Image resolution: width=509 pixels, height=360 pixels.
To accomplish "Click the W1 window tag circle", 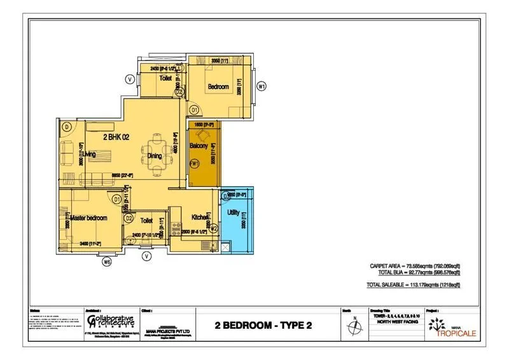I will click(261, 86).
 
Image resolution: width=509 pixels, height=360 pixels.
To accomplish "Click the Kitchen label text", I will click(200, 218).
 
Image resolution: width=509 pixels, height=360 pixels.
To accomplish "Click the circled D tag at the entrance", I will click(66, 126).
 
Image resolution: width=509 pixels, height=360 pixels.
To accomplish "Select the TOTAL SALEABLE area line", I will click(414, 284).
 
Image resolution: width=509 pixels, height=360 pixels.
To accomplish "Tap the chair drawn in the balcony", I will click(203, 135).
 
